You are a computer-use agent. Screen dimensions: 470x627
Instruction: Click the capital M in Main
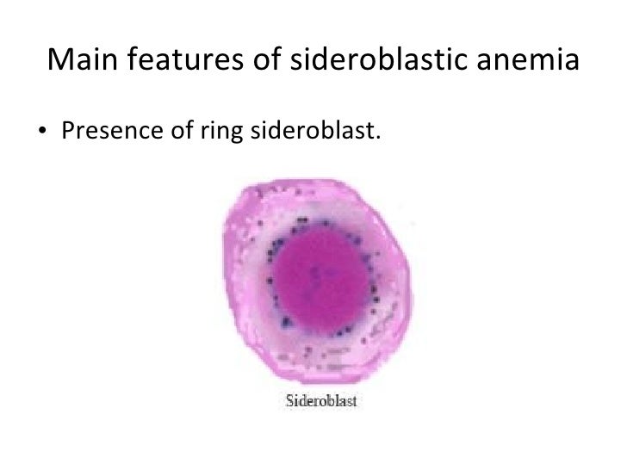[60, 59]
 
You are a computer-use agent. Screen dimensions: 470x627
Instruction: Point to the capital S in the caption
[289, 401]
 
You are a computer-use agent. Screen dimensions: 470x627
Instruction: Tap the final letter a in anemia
[568, 61]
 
